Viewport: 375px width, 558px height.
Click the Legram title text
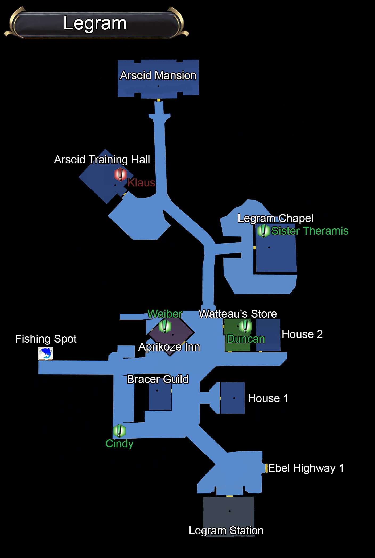coord(95,23)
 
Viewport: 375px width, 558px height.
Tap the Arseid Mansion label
coord(158,76)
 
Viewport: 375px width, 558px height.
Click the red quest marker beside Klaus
coord(120,174)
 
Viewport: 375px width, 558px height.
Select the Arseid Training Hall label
coord(102,160)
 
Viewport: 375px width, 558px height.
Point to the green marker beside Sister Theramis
coord(263,230)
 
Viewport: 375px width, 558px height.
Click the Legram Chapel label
coord(275,218)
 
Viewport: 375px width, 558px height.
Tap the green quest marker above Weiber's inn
coord(165,326)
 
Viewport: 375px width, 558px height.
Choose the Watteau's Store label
coord(238,314)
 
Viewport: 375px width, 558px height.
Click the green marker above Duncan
coord(245,326)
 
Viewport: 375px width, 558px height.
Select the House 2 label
coord(302,334)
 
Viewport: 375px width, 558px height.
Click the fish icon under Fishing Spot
coord(46,354)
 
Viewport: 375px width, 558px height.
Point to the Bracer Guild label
coord(158,379)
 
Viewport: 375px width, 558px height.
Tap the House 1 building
coord(232,398)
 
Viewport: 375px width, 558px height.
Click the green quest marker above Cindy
coord(119,431)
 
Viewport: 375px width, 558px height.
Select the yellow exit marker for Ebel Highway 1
coord(266,468)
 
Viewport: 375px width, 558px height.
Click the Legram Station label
coord(226,531)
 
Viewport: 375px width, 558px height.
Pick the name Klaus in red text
coord(141,183)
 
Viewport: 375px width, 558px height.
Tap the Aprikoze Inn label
coord(169,347)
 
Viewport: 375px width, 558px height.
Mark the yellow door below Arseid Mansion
coord(159,100)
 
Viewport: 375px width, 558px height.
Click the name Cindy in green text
coord(119,444)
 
